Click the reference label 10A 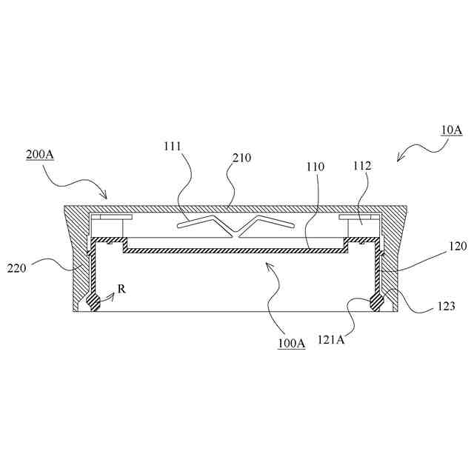[451, 130]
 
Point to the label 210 [241, 158]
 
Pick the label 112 [362, 166]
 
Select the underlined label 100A [292, 344]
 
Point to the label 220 [18, 267]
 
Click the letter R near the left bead [121, 289]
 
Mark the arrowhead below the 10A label [401, 158]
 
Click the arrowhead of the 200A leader [107, 197]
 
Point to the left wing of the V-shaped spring [207, 222]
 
